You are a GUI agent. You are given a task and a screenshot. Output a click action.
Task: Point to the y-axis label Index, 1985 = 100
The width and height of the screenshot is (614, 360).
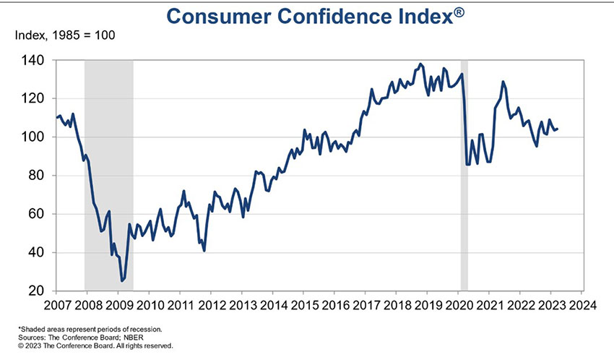(x=61, y=35)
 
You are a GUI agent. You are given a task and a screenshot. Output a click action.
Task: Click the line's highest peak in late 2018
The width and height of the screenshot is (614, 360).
(x=421, y=64)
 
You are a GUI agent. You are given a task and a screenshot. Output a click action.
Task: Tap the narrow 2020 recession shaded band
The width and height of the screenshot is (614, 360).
(x=464, y=173)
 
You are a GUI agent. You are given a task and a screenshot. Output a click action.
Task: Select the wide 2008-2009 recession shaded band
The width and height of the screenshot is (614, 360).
(x=108, y=173)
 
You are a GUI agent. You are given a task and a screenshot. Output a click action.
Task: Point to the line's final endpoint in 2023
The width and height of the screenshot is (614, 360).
(x=558, y=129)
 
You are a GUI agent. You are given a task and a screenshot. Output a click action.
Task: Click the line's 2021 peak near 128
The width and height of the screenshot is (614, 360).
(x=503, y=82)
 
